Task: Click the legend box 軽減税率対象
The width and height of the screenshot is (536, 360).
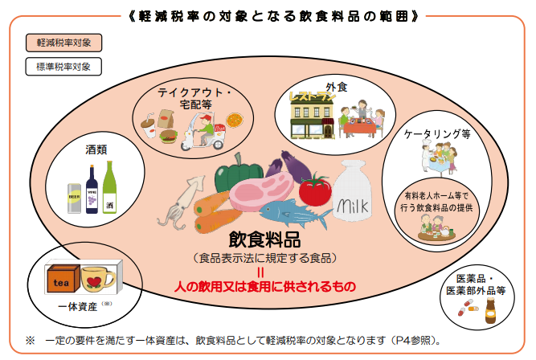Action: coord(63,43)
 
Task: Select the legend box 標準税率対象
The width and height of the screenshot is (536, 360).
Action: coord(63,67)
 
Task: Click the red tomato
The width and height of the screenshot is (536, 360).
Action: coord(315,190)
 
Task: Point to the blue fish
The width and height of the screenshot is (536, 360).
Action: coord(294,213)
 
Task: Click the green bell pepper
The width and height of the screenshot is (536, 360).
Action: coord(237,174)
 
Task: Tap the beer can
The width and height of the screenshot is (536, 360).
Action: coord(74,198)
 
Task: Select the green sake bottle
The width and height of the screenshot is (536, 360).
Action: coord(110,188)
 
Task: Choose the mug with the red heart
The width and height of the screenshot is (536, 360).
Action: coord(96,280)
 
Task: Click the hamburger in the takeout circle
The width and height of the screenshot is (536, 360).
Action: coord(168,137)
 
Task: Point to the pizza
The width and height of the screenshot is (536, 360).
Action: coord(235,121)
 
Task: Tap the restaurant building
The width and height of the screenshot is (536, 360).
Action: coord(312,116)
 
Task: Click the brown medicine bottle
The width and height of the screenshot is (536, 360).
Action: coord(490,311)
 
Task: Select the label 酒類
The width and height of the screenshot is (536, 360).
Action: coord(96,149)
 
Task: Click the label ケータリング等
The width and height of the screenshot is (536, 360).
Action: coord(437,133)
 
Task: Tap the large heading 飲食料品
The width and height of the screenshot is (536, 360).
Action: coord(264,239)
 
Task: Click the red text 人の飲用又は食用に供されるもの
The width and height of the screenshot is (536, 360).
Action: coord(265,286)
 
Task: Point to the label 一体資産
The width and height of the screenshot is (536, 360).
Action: coord(78,307)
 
